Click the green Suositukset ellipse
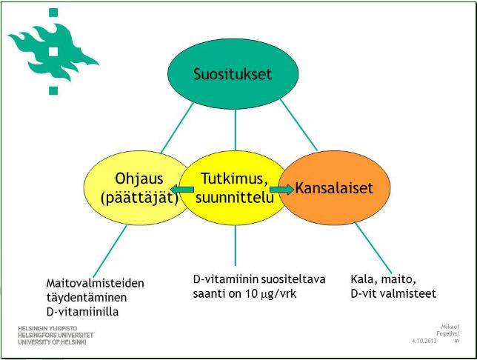(233, 73)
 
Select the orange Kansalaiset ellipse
(334, 187)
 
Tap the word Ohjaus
(139, 179)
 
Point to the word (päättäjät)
(139, 198)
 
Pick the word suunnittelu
(235, 198)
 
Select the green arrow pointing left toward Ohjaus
(182, 190)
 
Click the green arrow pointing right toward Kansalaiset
(281, 190)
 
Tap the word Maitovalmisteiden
(96, 283)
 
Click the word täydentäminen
(87, 298)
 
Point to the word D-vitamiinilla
(82, 312)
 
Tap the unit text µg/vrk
(278, 294)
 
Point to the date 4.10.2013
(424, 341)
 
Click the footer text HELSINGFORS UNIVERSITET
(56, 336)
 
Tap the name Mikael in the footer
(450, 327)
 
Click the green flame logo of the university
(53, 51)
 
